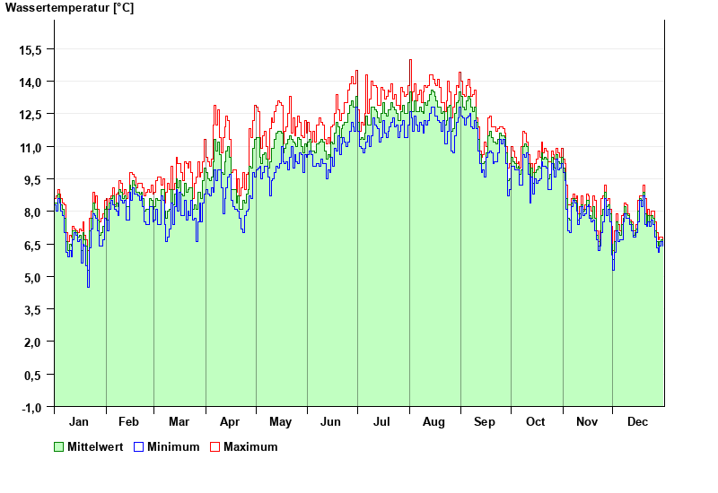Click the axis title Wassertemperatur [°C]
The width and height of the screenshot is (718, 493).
coord(69,8)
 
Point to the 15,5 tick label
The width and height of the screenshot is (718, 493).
coord(31,49)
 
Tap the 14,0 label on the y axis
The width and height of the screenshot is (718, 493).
coord(31,82)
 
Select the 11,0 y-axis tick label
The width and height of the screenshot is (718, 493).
coord(31,147)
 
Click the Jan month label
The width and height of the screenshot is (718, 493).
coord(79,421)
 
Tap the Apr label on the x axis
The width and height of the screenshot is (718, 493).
coord(230,421)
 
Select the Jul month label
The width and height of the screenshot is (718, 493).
coord(382,421)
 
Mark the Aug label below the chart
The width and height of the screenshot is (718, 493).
coord(434,421)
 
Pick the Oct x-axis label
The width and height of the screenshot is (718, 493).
coord(536,421)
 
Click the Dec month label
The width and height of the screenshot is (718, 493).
coord(638,421)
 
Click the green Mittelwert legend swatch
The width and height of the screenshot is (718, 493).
coord(59,446)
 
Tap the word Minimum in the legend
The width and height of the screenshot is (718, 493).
coord(173,446)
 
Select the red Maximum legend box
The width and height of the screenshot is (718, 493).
coord(215,446)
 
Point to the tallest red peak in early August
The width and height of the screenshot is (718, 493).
coord(410,60)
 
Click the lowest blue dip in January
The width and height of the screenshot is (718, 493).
coord(88,286)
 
